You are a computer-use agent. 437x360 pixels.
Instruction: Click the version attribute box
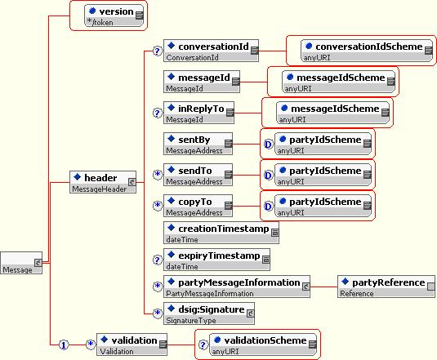114,16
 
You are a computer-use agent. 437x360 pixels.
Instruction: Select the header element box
103,182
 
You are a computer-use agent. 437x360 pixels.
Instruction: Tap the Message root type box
21,263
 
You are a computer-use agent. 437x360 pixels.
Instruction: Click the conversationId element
211,51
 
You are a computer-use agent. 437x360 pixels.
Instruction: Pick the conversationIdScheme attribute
367,51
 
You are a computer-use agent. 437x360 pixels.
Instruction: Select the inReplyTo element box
198,113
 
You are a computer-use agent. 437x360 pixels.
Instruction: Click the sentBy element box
198,144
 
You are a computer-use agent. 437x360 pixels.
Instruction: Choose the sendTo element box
198,175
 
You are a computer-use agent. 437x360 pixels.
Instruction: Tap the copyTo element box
198,206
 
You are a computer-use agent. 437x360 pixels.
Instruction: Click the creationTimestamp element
221,233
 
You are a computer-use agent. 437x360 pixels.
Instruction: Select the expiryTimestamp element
216,260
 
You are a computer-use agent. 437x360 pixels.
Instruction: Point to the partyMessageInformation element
237,287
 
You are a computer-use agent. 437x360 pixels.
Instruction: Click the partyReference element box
386,287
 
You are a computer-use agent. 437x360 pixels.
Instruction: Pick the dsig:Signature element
209,313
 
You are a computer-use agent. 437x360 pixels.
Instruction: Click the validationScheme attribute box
263,344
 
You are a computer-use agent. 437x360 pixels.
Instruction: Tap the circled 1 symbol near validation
64,345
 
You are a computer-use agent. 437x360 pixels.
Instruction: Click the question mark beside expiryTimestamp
158,260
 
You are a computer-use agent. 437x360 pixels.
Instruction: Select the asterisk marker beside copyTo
158,206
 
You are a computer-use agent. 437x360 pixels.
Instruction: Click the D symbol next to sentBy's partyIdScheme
268,144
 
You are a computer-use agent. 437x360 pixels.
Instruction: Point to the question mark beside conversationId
158,51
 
